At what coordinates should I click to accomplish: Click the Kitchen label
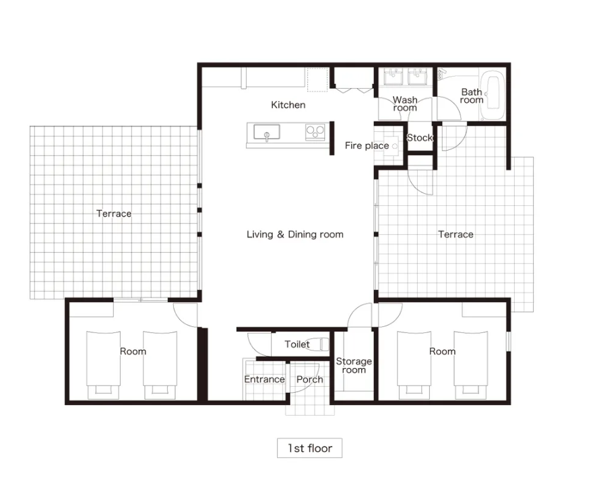288,105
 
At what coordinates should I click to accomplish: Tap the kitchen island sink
267,133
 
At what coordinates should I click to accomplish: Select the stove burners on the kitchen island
315,132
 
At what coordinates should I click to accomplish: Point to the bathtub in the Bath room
492,98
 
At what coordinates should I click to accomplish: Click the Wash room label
405,104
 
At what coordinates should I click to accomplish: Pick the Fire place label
367,146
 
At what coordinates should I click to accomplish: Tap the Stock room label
420,138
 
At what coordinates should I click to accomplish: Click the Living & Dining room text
295,235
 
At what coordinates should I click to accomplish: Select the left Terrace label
114,214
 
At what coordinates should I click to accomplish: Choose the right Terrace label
456,235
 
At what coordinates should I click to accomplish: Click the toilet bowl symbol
317,344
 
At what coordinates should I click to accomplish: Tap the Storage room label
354,365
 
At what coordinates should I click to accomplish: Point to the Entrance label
264,379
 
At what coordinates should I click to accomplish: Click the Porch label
310,379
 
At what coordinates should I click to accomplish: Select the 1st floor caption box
310,448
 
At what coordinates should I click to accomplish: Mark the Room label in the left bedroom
133,352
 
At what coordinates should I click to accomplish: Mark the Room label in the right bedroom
442,352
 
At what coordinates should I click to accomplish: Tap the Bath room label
472,96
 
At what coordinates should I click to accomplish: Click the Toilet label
297,344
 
